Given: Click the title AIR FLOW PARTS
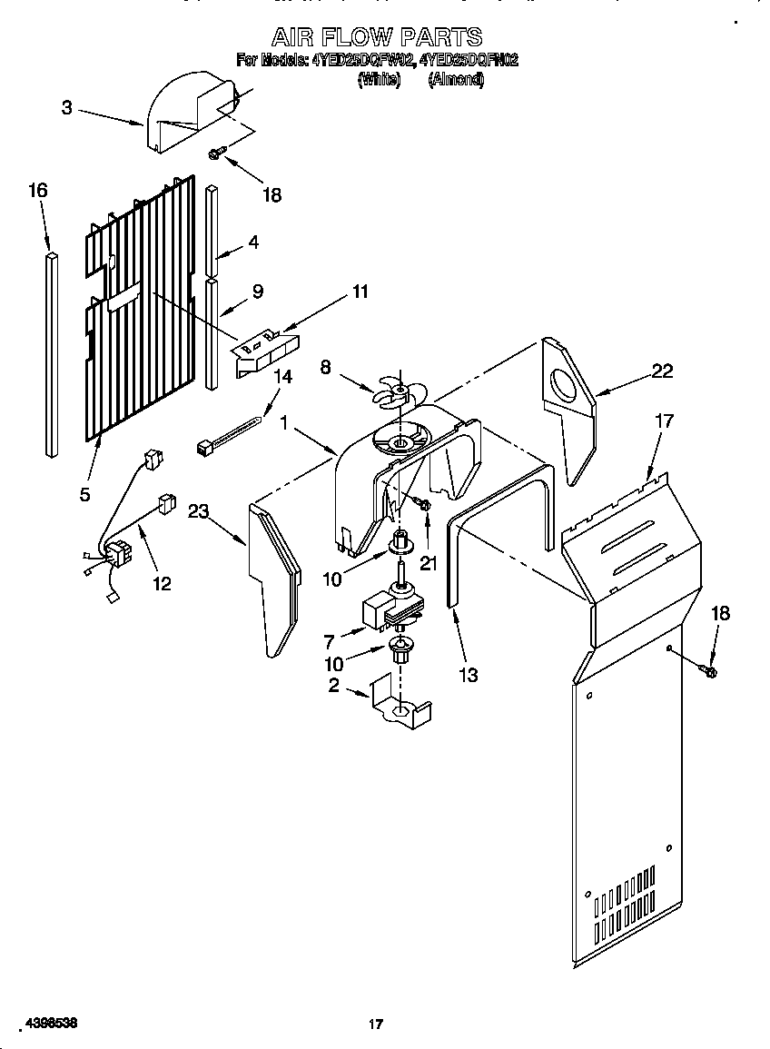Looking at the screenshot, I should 377,36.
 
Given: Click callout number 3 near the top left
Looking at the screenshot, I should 67,107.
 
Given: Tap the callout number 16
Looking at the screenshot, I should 37,190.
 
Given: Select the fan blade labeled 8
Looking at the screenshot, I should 396,391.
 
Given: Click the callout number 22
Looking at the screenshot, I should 662,370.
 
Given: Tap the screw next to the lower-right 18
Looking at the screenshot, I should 708,671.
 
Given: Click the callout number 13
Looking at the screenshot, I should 469,675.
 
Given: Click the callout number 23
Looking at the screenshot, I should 199,511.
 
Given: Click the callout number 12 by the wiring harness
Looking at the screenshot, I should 161,583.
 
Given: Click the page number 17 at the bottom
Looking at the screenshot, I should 375,1024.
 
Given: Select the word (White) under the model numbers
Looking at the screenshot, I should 379,80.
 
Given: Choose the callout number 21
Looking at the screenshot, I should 428,563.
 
